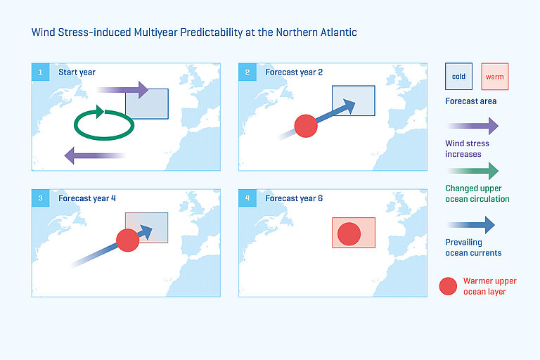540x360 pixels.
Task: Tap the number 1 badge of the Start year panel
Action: pyautogui.click(x=40, y=72)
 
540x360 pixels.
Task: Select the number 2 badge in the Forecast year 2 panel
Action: pyautogui.click(x=247, y=72)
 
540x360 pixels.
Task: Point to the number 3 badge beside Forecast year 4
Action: pyautogui.click(x=40, y=198)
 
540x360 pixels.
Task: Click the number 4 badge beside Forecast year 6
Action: pyautogui.click(x=247, y=198)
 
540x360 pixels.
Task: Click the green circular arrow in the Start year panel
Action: pyautogui.click(x=105, y=123)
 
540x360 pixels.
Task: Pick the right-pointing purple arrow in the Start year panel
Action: pyautogui.click(x=122, y=90)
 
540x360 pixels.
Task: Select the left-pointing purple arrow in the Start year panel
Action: pyautogui.click(x=94, y=155)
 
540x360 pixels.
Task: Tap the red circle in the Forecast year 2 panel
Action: pyautogui.click(x=306, y=126)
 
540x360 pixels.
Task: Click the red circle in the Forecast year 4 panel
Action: pyautogui.click(x=127, y=240)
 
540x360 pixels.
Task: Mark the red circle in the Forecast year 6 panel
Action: pyautogui.click(x=349, y=233)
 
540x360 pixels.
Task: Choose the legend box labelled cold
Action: pyautogui.click(x=458, y=77)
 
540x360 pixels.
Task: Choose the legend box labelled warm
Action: pyautogui.click(x=494, y=77)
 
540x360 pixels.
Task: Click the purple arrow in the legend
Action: pyautogui.click(x=472, y=127)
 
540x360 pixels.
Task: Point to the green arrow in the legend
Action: pyautogui.click(x=472, y=170)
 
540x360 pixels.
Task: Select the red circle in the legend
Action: pyautogui.click(x=447, y=286)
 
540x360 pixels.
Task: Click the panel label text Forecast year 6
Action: pyautogui.click(x=294, y=198)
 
